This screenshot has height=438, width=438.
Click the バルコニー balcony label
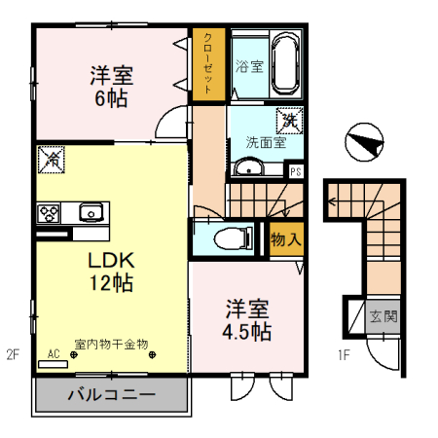[111, 395]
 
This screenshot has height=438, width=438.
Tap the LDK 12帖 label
[112, 272]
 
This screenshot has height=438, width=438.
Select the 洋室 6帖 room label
[112, 86]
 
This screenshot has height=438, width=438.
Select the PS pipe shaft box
[296, 171]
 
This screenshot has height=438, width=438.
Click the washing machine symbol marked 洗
[289, 122]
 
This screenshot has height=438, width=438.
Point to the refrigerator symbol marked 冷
[51, 159]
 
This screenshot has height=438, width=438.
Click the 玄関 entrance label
[383, 316]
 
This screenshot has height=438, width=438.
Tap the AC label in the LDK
[54, 354]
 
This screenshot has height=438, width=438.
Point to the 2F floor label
[12, 353]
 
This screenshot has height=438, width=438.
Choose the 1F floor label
[344, 353]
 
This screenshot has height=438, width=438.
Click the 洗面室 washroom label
[265, 142]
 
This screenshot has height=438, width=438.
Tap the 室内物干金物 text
[111, 344]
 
